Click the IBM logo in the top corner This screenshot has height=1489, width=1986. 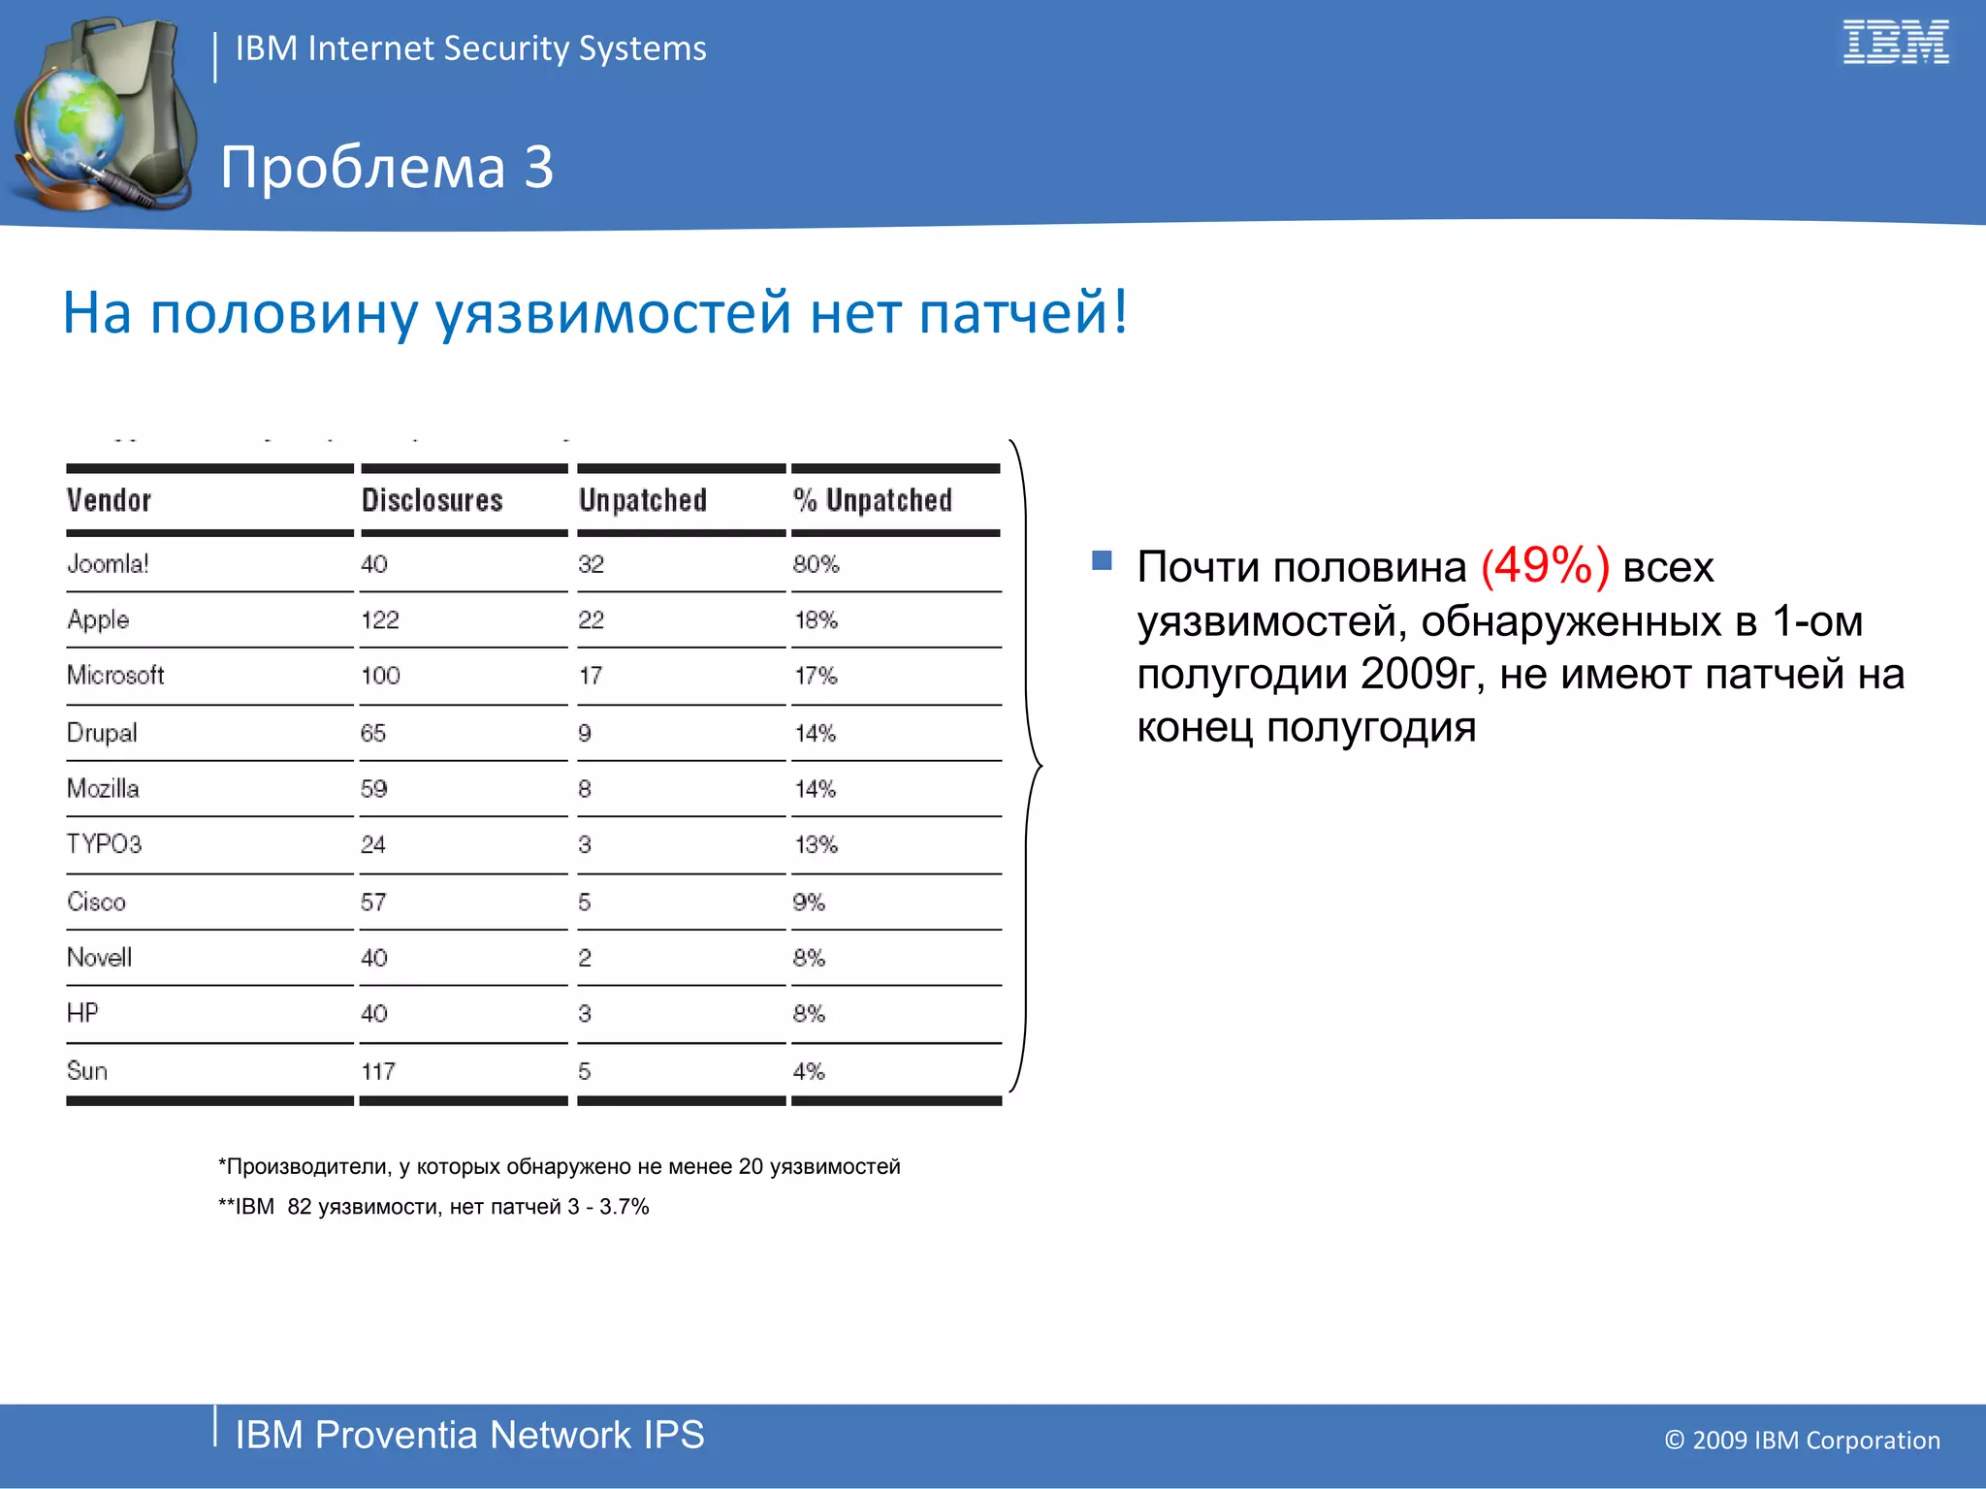[1895, 43]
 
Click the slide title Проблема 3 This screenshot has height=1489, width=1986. [386, 167]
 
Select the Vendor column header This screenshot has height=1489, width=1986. [109, 500]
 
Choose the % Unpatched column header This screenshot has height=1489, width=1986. [873, 500]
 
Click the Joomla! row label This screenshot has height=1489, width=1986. [108, 563]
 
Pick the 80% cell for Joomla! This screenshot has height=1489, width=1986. [816, 564]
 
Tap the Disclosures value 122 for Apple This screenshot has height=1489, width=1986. [379, 620]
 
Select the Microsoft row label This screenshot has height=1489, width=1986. [115, 676]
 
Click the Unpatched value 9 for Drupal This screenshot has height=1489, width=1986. [585, 733]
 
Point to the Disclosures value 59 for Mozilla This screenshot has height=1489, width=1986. [373, 789]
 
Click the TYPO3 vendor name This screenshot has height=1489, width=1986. [104, 844]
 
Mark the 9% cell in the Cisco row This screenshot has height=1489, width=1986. [809, 903]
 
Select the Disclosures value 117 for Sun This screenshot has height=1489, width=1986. [378, 1071]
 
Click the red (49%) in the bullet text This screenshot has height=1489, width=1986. [1545, 566]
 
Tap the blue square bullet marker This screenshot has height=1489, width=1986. [1102, 560]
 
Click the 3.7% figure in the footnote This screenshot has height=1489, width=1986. [624, 1207]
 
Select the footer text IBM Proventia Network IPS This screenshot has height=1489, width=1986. [469, 1435]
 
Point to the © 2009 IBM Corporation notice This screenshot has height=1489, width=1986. [1802, 1441]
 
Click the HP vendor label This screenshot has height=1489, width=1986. [82, 1013]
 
